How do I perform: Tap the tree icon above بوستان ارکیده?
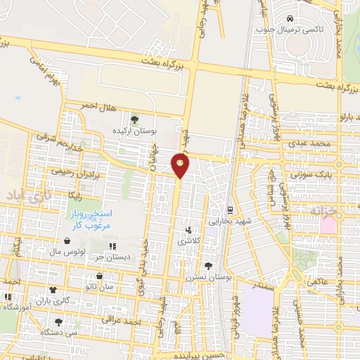[x=134, y=120]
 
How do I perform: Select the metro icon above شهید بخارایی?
[x=229, y=210]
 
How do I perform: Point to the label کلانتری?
[x=188, y=240]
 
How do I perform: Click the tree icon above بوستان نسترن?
[x=208, y=266]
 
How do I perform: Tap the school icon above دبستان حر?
[x=112, y=246]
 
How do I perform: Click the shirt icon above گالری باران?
[x=52, y=289]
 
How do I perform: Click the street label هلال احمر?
[x=96, y=105]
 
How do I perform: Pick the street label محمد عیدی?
[x=313, y=143]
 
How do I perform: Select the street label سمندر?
[x=264, y=285]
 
